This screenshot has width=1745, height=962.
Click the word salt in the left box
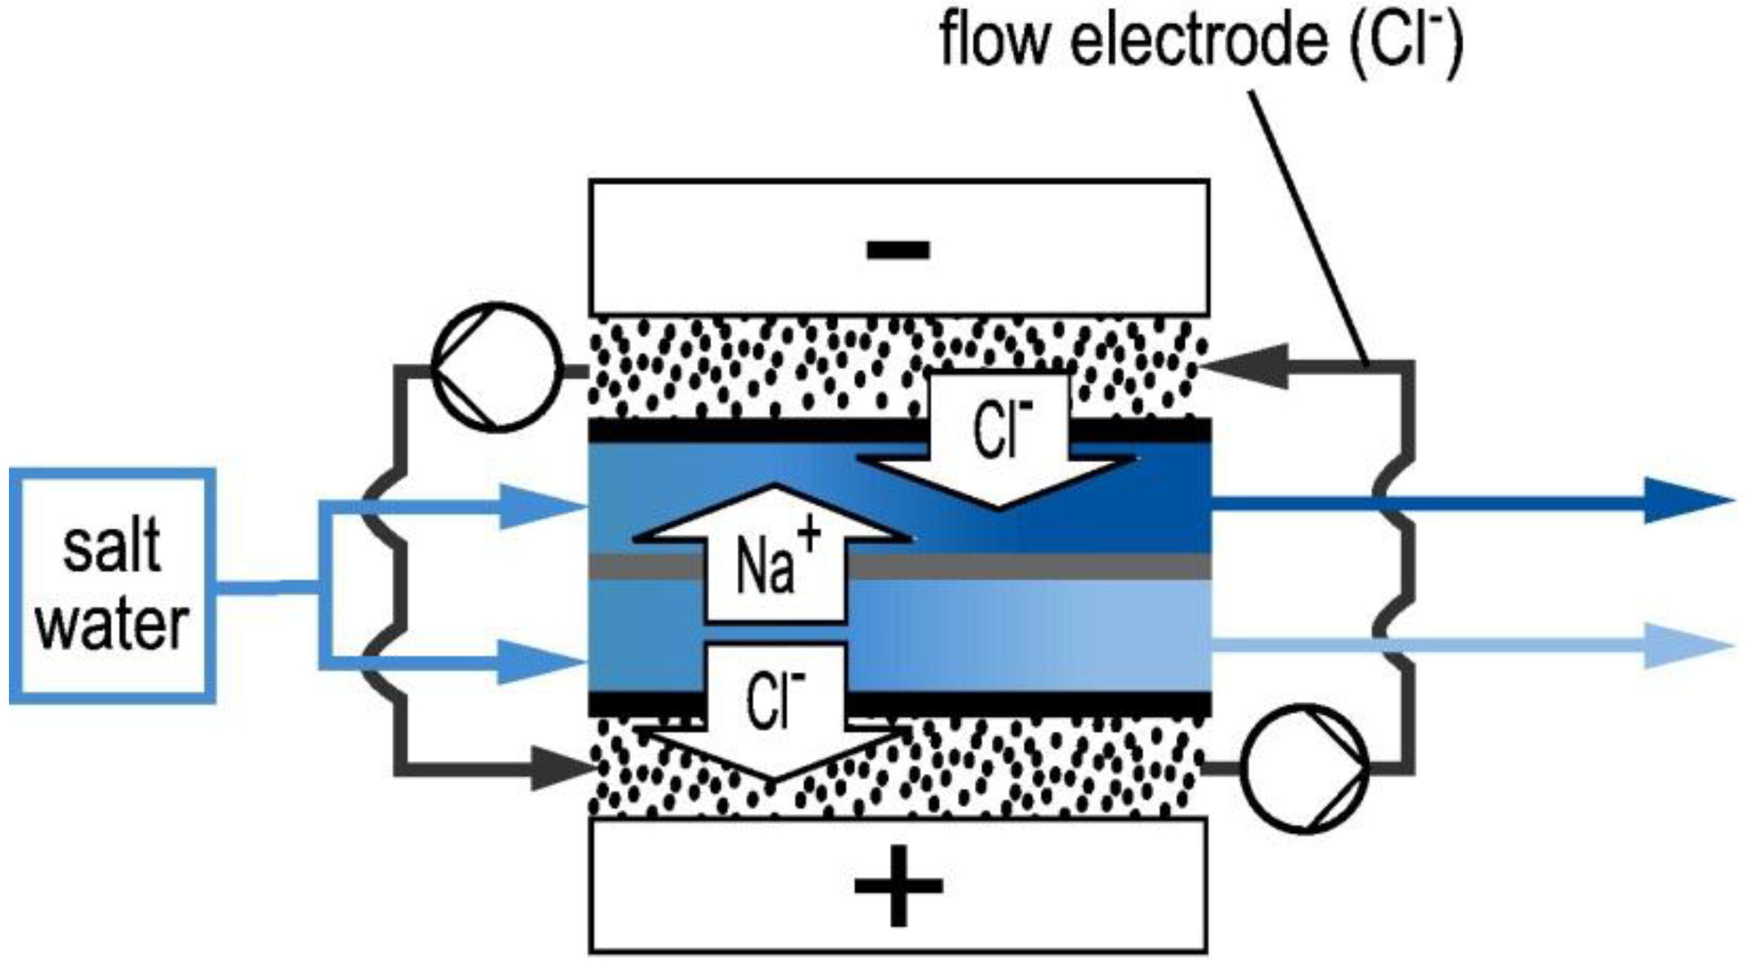point(112,545)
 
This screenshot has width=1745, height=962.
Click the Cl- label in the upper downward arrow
point(1001,428)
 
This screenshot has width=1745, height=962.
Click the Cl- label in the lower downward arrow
point(776,699)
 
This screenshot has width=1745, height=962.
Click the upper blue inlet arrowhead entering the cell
point(538,506)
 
